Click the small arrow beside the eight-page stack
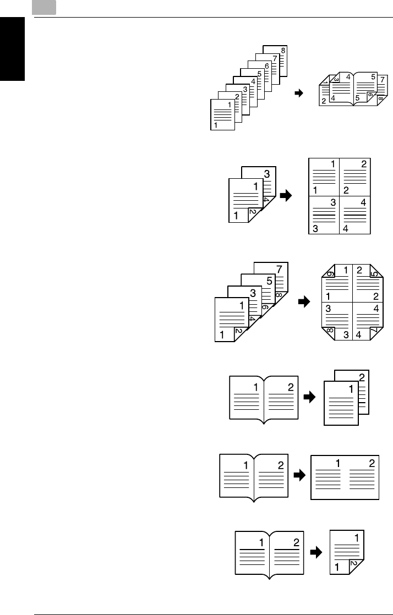299,94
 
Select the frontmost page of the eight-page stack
222,114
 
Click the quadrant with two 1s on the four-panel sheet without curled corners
324,177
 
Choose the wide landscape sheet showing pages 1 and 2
345,476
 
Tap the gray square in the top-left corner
45,8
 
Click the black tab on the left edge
13,50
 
